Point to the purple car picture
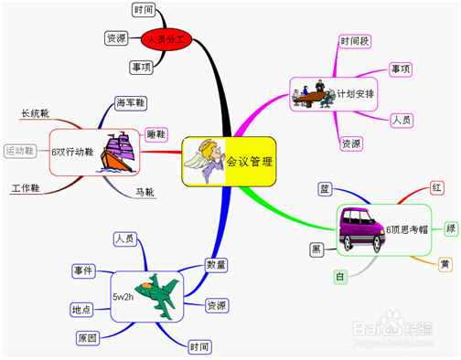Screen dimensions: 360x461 tap(359, 228)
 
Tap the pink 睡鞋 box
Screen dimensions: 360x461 tap(156, 135)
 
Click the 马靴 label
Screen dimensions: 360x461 tap(145, 193)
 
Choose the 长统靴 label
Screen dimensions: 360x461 tap(35, 114)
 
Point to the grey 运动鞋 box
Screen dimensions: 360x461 tap(20, 151)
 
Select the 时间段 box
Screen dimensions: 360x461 tap(355, 42)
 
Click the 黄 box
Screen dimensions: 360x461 tap(444, 264)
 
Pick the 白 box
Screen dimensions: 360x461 tap(340, 276)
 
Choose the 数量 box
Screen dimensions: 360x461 tap(216, 265)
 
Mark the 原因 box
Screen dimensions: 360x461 tap(88, 338)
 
